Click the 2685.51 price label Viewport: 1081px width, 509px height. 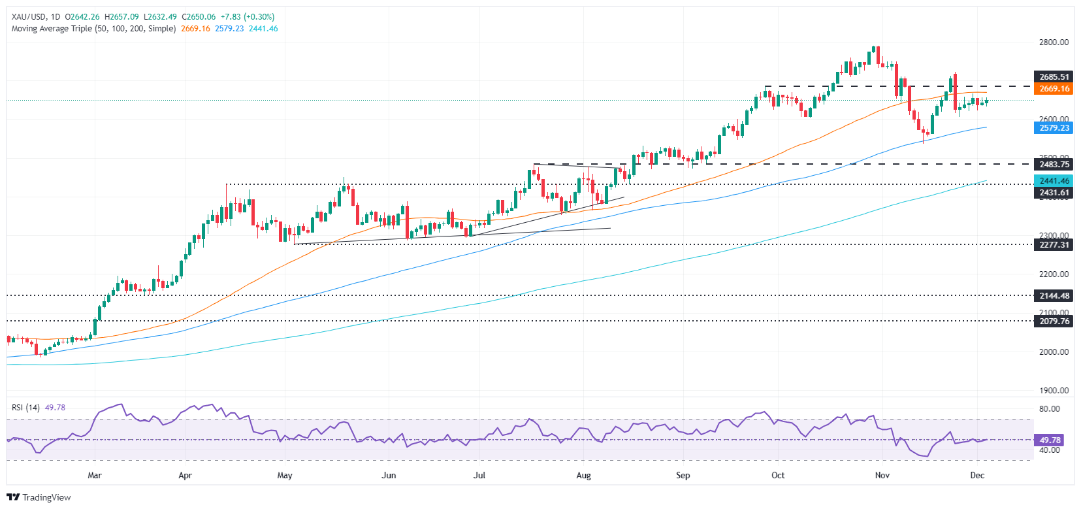tap(1054, 77)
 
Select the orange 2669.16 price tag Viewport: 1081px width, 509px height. tap(1054, 89)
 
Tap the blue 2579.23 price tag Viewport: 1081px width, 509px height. tap(1054, 128)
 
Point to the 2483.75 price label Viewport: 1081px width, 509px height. tap(1054, 165)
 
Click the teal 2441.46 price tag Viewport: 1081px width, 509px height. tap(1054, 181)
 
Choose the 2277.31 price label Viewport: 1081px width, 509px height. tap(1054, 245)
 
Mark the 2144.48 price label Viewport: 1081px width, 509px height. tap(1054, 296)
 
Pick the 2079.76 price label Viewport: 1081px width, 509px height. tap(1054, 321)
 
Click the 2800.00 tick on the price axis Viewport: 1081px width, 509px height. tap(1054, 42)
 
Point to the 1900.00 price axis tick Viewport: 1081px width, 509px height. tap(1054, 391)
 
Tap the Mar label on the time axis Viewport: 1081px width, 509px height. tap(95, 475)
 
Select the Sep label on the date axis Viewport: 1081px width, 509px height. tap(683, 475)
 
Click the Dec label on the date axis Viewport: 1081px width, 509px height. tap(977, 475)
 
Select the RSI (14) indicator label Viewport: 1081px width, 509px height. tap(25, 408)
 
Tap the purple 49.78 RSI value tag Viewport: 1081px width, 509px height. tap(1050, 440)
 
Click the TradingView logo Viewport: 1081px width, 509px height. tap(39, 497)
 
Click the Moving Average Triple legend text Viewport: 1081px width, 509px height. tap(93, 29)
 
